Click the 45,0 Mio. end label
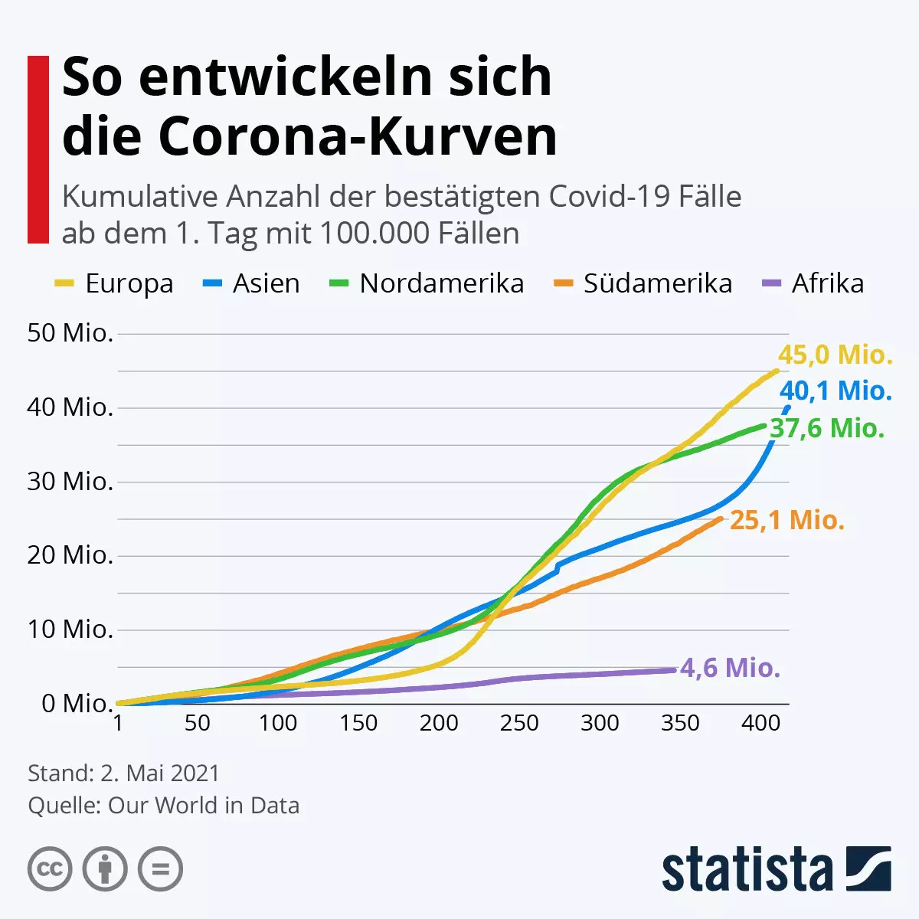pyautogui.click(x=836, y=355)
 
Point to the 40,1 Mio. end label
pyautogui.click(x=836, y=391)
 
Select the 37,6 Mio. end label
pyautogui.click(x=827, y=428)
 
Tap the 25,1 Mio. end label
pyautogui.click(x=787, y=521)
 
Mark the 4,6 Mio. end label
pyautogui.click(x=730, y=668)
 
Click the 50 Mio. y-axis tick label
pyautogui.click(x=70, y=333)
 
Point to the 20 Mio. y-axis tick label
pyautogui.click(x=70, y=555)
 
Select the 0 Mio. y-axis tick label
pyautogui.click(x=77, y=703)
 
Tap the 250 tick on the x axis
pyautogui.click(x=519, y=724)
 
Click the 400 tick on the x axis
pyautogui.click(x=760, y=724)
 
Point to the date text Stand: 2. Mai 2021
pyautogui.click(x=123, y=773)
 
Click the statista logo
pyautogui.click(x=776, y=870)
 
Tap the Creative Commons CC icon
pyautogui.click(x=50, y=870)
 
